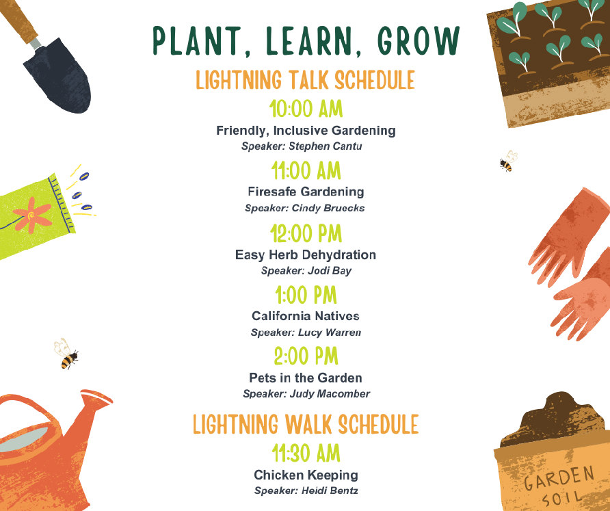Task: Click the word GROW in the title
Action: point(419,40)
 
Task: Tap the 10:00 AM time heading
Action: point(306,109)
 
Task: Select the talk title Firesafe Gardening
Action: point(306,192)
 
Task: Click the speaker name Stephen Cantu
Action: point(326,146)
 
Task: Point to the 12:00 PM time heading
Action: point(306,233)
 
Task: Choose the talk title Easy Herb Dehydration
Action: point(306,255)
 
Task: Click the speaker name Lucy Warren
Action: point(330,332)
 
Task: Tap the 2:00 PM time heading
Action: point(306,356)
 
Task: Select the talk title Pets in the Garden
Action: point(306,378)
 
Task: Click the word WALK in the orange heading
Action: point(308,424)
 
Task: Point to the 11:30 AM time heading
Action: point(306,453)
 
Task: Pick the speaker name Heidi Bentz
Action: point(330,490)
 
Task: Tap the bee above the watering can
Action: point(66,354)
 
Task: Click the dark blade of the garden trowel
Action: point(58,75)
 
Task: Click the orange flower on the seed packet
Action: point(32,215)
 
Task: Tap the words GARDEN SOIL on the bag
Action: point(559,485)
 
